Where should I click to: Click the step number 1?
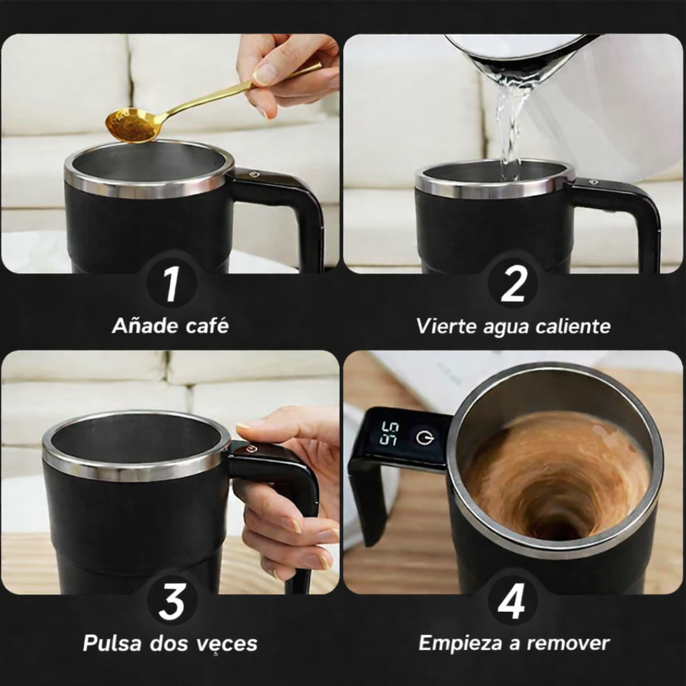(x=171, y=285)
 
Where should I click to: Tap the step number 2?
(x=513, y=285)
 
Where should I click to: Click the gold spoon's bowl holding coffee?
(x=131, y=124)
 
